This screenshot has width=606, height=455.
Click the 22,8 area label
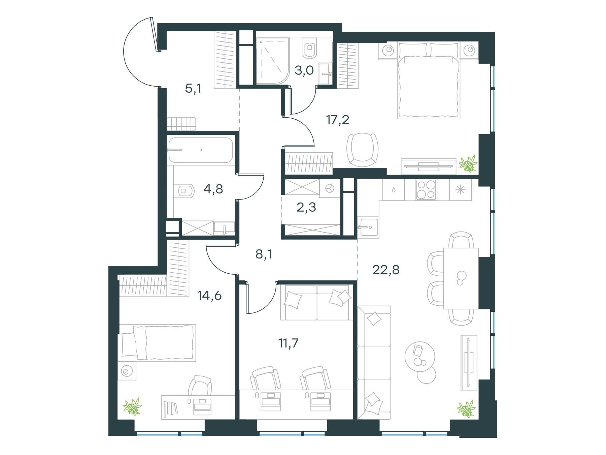point(386,270)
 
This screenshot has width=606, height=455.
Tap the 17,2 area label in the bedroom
point(338,120)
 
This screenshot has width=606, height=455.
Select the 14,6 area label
point(209,296)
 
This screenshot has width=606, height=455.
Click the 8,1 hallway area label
point(264,254)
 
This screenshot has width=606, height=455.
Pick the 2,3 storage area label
point(306,207)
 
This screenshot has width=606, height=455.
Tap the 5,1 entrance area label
point(193,88)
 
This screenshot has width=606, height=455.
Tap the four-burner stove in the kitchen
point(426,190)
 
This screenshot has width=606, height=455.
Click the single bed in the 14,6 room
point(157,343)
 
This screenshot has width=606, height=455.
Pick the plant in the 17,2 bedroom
point(468,163)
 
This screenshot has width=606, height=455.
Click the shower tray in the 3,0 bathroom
point(272,61)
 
